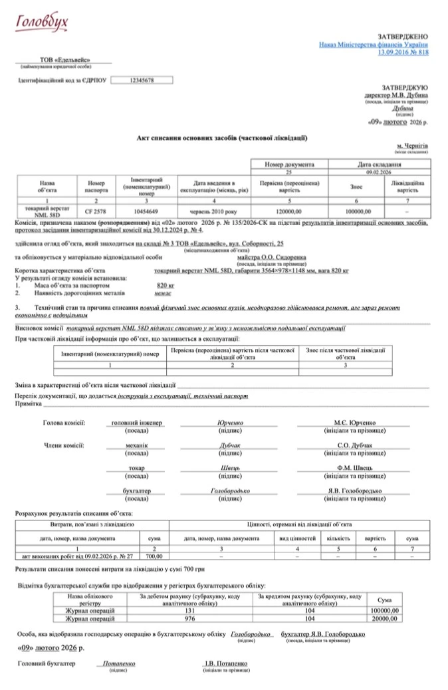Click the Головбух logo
coord(42,24)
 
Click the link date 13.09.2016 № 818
coord(403,51)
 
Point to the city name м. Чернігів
coord(412,145)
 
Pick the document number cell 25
coord(288,171)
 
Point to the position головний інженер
coord(137,423)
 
